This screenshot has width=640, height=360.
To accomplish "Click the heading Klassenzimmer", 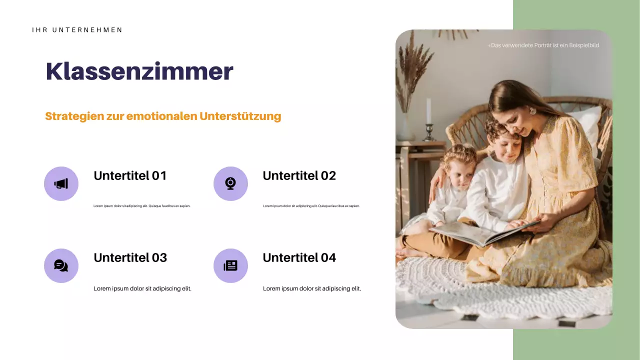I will click(139, 71).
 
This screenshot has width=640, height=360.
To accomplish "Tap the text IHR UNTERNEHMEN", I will click(77, 30).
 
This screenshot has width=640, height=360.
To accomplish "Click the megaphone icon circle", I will click(61, 184).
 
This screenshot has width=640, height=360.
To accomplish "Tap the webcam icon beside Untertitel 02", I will click(230, 184).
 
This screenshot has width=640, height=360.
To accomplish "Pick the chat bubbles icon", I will click(61, 265).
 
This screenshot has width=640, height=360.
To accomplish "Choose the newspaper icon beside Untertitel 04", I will click(230, 265).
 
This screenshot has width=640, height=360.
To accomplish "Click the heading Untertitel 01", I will click(130, 175).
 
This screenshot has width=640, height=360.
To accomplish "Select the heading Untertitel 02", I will click(299, 175).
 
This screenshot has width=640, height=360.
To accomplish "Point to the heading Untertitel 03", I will click(130, 257).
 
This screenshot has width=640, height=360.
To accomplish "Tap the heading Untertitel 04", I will click(299, 257).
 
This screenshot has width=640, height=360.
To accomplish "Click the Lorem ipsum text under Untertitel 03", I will click(142, 288).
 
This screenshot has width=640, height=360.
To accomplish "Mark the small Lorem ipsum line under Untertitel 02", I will click(311, 206).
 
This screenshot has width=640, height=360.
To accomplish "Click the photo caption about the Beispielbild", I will click(543, 45).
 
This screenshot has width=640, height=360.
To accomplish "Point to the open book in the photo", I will click(480, 232).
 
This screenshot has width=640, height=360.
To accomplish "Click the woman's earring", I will click(532, 110).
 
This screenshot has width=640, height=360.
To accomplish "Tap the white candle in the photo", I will click(428, 110).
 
